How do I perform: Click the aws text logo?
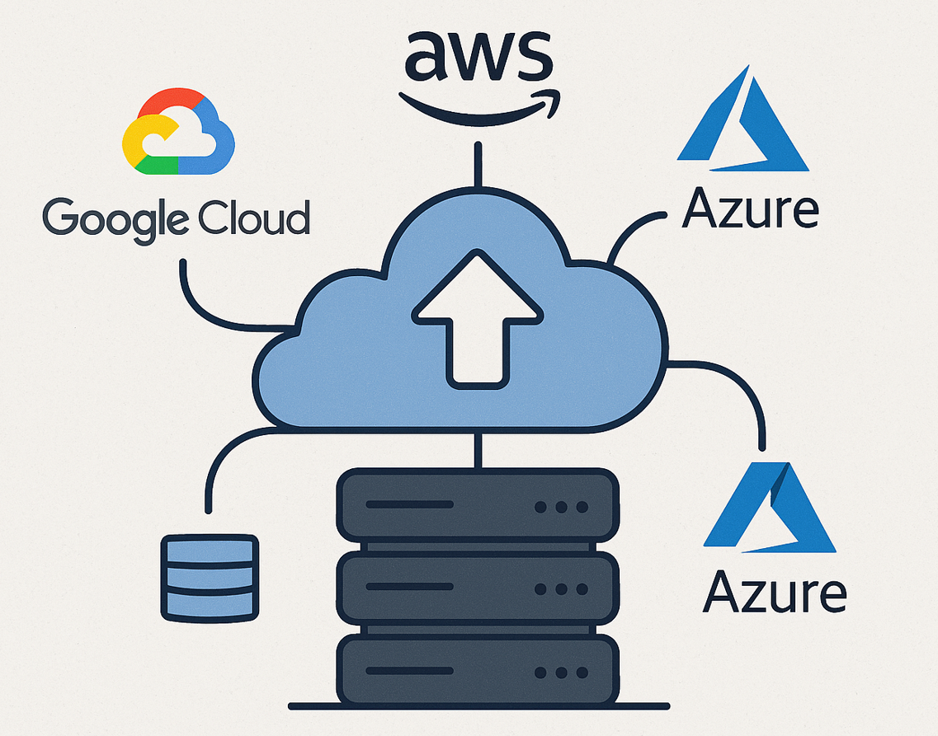[x=477, y=57]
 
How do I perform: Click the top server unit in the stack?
[x=478, y=504]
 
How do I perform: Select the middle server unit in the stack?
[x=478, y=588]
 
